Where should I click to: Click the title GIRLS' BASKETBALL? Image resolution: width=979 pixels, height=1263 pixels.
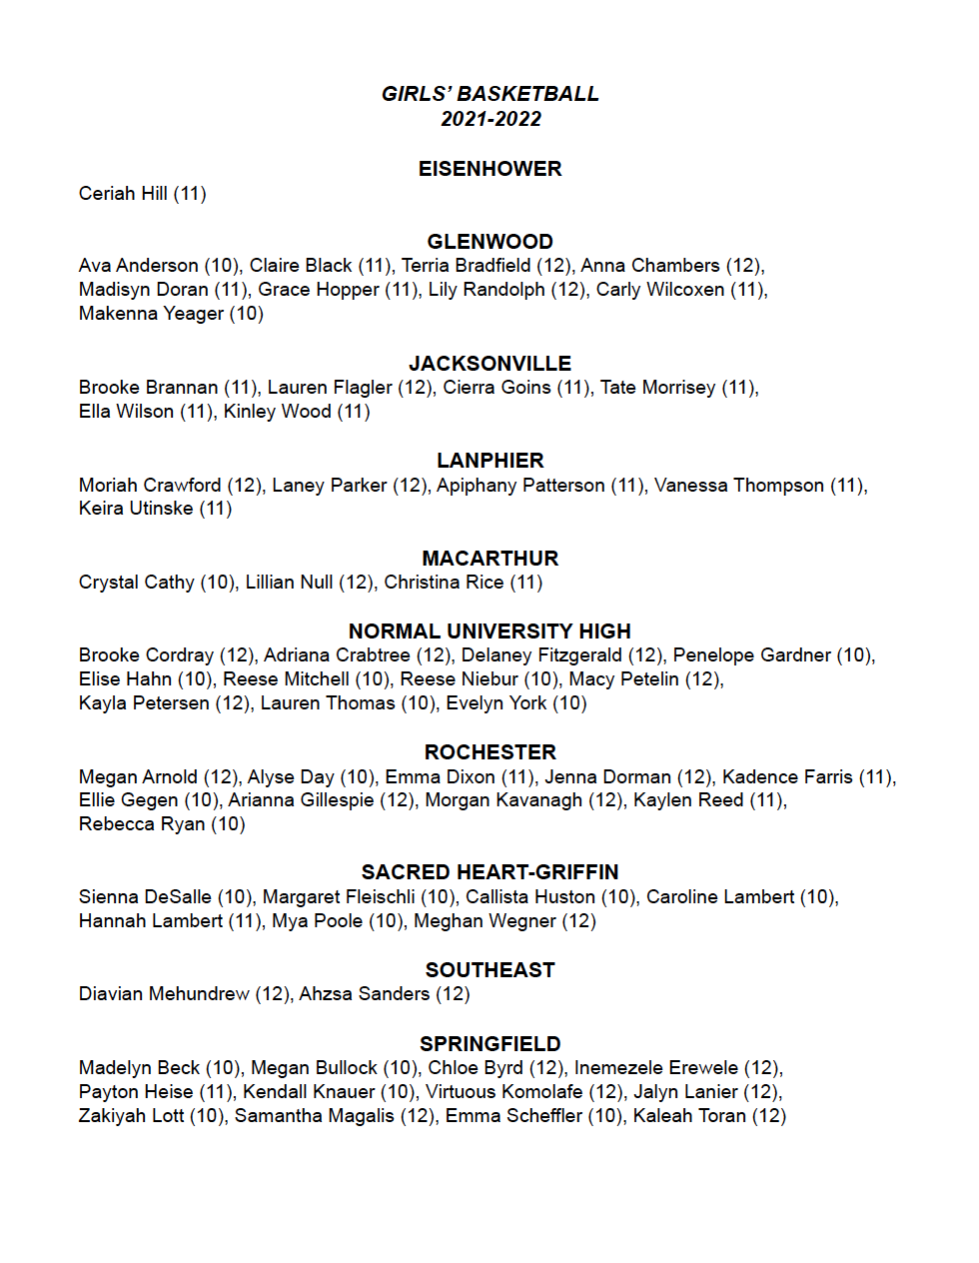pos(489,94)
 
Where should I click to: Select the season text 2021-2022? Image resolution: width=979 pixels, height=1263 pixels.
pos(490,119)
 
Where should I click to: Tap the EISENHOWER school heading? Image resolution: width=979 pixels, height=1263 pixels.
pos(489,169)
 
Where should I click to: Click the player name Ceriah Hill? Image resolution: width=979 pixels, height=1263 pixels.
pos(123,194)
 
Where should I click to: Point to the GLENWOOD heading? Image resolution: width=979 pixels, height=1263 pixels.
pos(489,242)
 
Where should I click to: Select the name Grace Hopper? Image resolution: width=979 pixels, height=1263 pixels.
pos(319,290)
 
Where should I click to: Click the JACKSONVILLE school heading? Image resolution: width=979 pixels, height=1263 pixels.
pos(489,364)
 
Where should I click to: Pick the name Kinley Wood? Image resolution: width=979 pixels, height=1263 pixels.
pos(277,412)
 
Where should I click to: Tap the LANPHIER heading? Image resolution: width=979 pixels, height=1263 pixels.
pos(489,461)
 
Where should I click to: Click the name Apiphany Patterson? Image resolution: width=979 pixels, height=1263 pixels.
pos(520,486)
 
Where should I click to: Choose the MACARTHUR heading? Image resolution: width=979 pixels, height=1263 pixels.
pos(489,559)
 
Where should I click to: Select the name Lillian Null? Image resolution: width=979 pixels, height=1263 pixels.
pos(289,583)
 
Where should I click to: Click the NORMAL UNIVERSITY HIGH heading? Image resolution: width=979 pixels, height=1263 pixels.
pos(489,631)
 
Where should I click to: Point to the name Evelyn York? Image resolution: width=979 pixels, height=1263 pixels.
pos(495,703)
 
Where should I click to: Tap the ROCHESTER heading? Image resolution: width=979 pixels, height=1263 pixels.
pos(489,752)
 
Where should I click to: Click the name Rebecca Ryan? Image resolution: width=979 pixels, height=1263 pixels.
pos(142,824)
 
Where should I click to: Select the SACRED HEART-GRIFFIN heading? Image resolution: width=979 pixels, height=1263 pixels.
pos(489,872)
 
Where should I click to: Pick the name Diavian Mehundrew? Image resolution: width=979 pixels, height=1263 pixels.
pos(164,994)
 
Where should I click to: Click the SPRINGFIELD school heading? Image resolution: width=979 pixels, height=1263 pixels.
pos(489,1044)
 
